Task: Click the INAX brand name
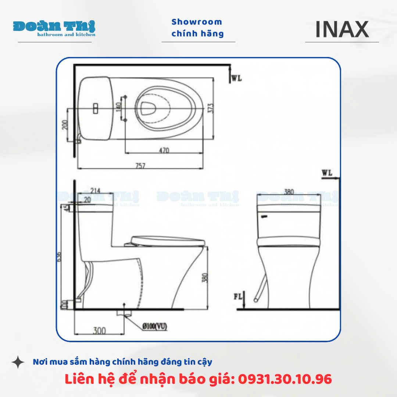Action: click(x=342, y=29)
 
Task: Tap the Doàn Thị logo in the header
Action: click(x=54, y=28)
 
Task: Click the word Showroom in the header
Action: click(x=197, y=22)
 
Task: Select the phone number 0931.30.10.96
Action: click(x=285, y=379)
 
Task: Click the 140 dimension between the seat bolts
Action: click(x=118, y=108)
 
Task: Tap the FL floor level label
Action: click(x=239, y=296)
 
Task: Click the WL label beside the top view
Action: click(x=237, y=78)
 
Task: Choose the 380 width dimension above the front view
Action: click(x=290, y=191)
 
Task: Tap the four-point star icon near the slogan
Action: click(x=18, y=362)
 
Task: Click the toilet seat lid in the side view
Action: click(x=168, y=241)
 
